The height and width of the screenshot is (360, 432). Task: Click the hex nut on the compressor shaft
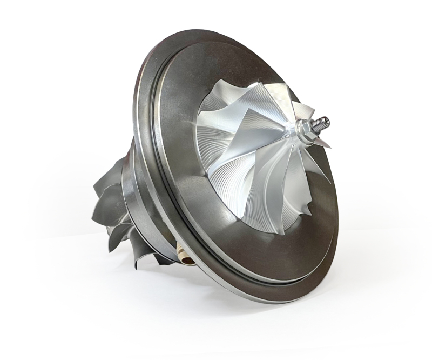(303, 128)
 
